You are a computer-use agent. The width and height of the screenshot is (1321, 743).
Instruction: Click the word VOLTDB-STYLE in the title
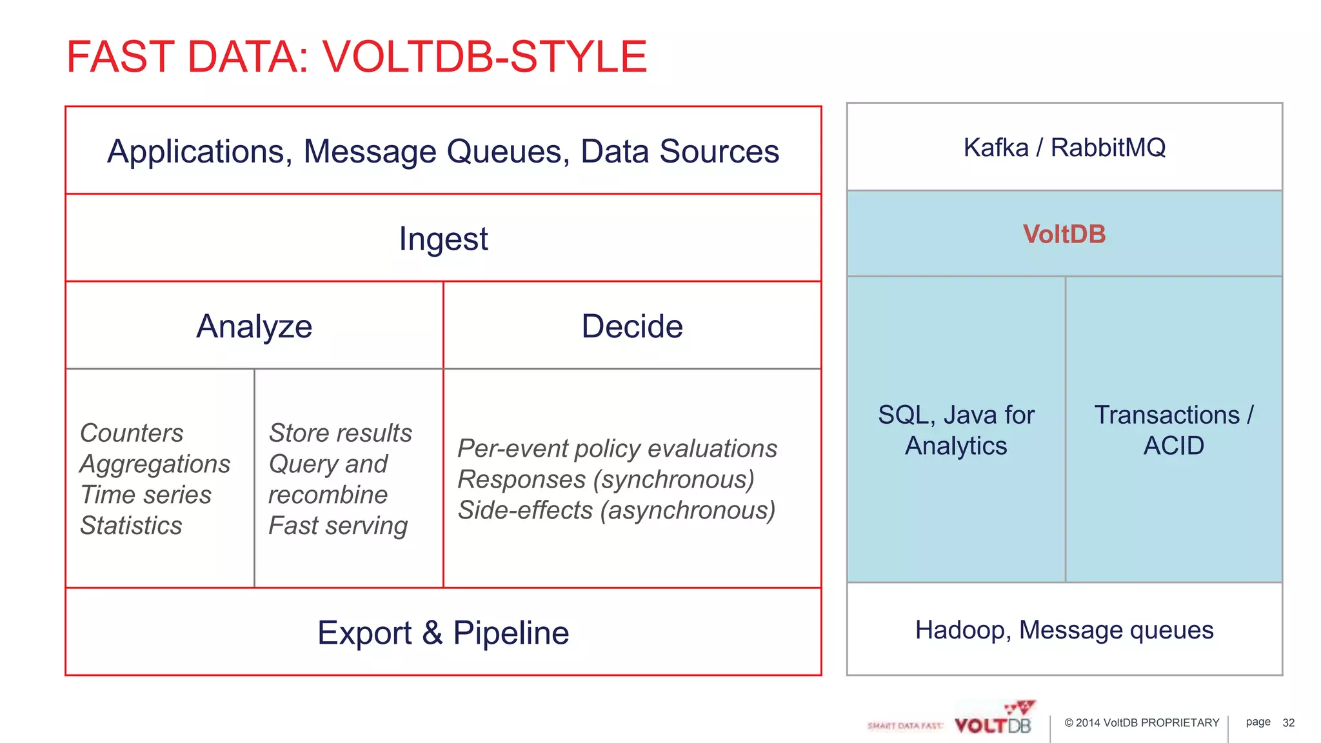click(x=484, y=57)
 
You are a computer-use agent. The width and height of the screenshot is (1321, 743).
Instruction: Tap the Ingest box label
click(x=443, y=239)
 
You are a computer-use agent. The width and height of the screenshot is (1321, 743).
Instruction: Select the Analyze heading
click(x=254, y=326)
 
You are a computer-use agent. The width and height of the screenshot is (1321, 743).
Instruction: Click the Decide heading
click(x=631, y=326)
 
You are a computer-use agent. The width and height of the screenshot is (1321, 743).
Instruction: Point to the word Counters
click(x=132, y=433)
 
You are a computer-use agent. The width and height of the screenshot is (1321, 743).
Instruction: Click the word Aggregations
click(x=155, y=464)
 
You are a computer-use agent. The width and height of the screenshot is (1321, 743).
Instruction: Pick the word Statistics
click(x=131, y=526)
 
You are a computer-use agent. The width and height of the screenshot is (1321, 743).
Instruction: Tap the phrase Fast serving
click(x=338, y=526)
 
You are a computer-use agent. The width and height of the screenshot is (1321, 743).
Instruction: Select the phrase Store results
click(x=340, y=433)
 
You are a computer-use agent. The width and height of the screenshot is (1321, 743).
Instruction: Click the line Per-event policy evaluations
click(x=617, y=448)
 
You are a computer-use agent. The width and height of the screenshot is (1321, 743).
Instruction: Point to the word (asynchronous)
click(x=688, y=510)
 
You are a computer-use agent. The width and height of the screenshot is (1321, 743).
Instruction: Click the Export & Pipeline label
click(x=443, y=633)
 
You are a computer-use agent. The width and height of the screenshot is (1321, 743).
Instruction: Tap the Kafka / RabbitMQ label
click(x=1064, y=148)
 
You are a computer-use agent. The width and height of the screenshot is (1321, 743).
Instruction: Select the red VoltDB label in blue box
click(x=1064, y=234)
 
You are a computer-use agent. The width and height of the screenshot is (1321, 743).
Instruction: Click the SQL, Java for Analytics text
click(x=956, y=430)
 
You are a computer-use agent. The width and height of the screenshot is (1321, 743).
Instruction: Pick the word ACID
click(x=1173, y=446)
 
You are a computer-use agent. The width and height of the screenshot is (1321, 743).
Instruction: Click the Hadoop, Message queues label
click(x=1064, y=630)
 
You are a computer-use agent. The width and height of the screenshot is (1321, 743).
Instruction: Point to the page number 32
click(x=1288, y=723)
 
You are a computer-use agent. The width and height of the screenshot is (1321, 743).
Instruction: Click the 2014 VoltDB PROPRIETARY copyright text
click(x=1142, y=723)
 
